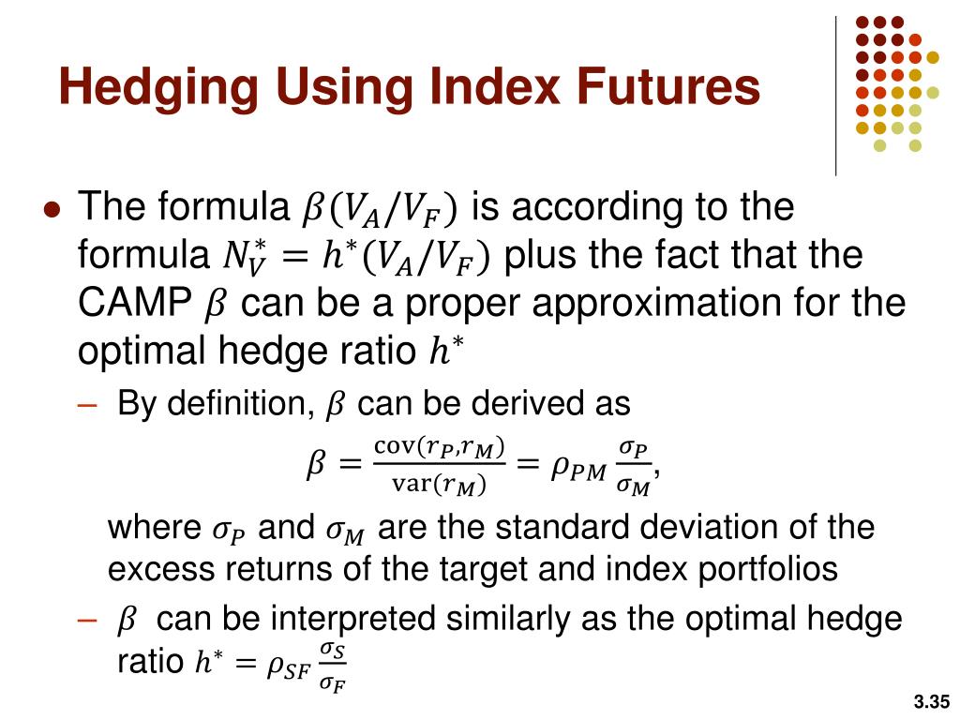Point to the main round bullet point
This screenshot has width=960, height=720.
click(x=52, y=209)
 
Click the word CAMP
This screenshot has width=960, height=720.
click(x=133, y=304)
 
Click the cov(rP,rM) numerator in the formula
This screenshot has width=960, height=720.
click(x=440, y=447)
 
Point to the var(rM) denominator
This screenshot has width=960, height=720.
click(x=440, y=485)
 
